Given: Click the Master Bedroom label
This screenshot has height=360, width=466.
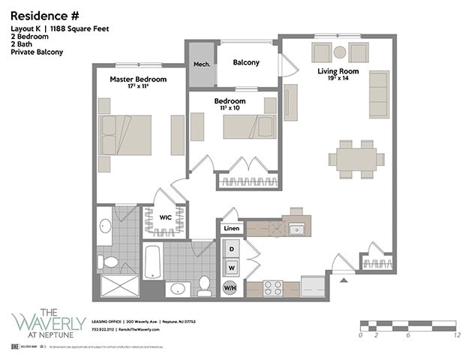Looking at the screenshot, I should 138,79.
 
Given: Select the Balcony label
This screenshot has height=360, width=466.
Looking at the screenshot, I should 246,62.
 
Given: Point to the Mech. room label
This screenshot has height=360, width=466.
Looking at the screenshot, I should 202,64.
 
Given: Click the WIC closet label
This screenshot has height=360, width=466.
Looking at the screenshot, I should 166,217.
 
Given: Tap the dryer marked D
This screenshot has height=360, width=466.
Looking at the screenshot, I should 232,248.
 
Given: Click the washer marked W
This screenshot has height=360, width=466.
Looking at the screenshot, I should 232,266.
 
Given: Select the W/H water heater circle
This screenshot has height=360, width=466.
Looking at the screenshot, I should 232,286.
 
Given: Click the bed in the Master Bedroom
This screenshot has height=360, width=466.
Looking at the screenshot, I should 127,135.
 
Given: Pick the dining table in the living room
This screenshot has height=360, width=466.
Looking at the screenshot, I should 356,159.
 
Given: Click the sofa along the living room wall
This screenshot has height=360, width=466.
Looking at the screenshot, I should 378,94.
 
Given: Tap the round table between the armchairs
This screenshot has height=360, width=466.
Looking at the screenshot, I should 339,52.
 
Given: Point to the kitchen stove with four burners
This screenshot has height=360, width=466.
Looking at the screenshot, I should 272,286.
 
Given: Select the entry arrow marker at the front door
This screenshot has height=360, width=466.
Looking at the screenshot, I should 344,280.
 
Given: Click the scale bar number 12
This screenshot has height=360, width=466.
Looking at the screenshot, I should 456,335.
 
